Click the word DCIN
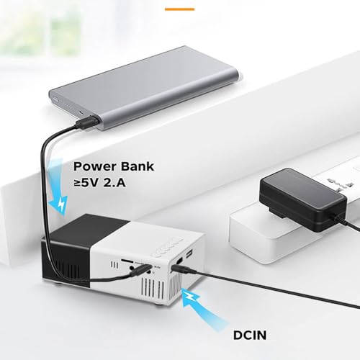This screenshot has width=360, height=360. click(250, 335)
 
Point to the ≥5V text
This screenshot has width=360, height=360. click(86, 183)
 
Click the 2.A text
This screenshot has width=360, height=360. click(114, 183)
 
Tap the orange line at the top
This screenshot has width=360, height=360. click(179, 9)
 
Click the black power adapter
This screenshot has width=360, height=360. click(303, 200)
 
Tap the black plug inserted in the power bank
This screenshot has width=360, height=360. click(87, 122)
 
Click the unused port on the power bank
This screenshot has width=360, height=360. click(56, 99)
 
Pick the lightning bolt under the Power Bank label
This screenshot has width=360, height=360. click(61, 204)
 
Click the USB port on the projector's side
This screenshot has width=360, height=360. click(189, 253)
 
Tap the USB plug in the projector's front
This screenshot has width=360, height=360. click(142, 270)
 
